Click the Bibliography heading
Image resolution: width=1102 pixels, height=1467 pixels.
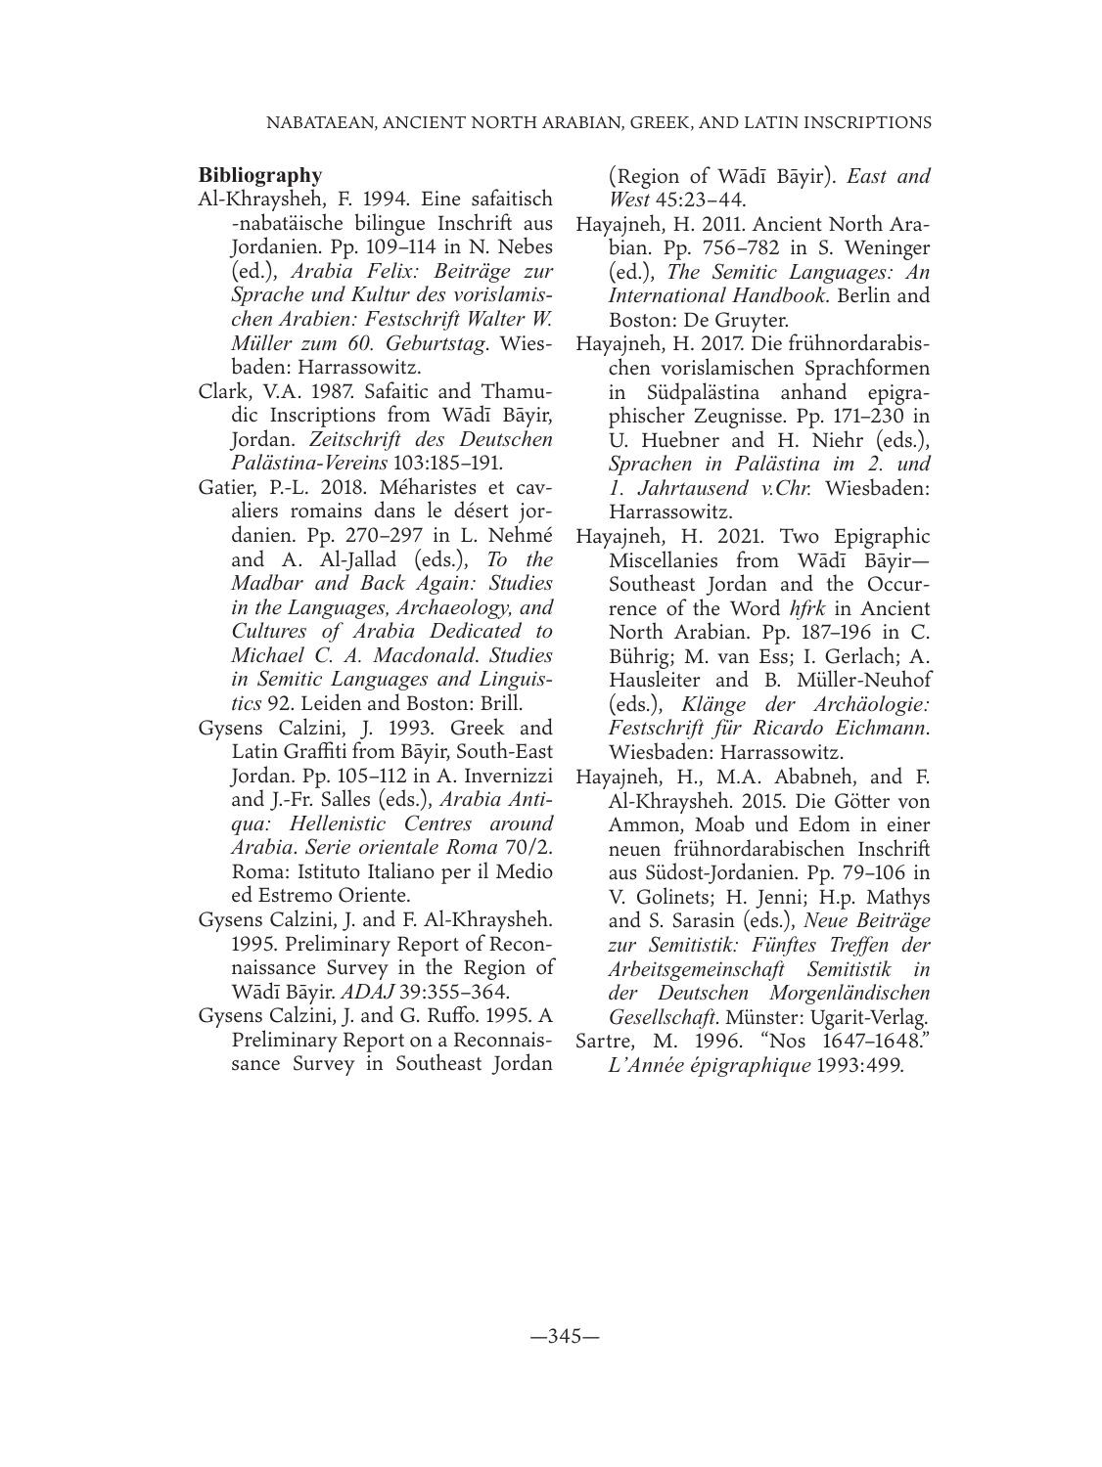(x=259, y=175)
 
